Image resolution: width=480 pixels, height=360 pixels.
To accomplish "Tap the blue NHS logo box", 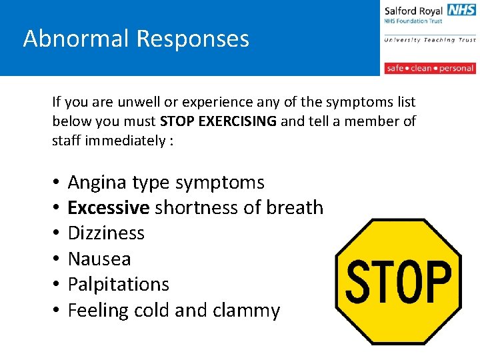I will (462, 10).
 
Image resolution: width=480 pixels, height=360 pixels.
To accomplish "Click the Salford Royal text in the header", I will (414, 11).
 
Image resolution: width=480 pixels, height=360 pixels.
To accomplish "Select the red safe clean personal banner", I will (430, 68).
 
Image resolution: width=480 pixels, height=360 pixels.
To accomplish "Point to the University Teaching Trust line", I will (430, 40).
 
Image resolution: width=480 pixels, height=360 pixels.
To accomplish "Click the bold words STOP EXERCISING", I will (218, 121).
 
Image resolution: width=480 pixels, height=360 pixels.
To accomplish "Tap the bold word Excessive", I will (108, 208).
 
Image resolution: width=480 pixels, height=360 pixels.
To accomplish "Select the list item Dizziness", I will (106, 233).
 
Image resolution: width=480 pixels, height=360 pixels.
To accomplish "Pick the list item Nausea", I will (99, 259).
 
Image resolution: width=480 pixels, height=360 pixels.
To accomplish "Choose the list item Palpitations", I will (119, 285).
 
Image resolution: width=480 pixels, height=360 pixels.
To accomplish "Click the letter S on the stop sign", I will (359, 281).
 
